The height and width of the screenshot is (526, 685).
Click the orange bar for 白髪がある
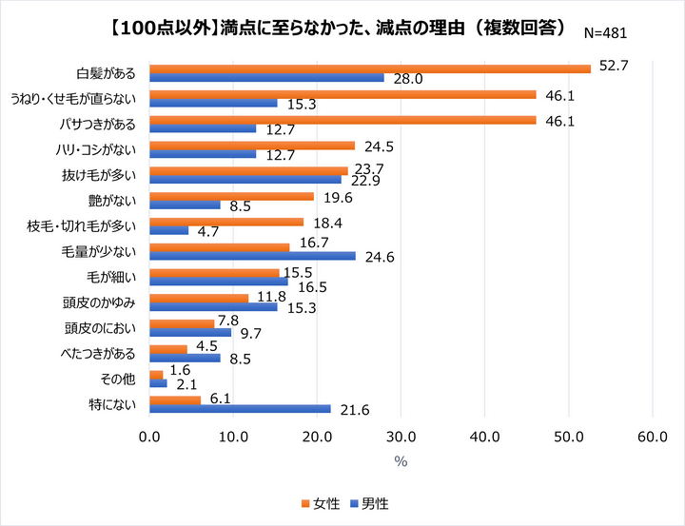point(370,68)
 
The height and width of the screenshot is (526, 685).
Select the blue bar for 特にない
point(241,409)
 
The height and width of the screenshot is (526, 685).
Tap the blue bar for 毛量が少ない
point(253,256)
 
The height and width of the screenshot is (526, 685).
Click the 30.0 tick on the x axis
point(401,438)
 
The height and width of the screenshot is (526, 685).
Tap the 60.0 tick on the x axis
point(653,438)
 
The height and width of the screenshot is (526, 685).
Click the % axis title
point(401,461)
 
